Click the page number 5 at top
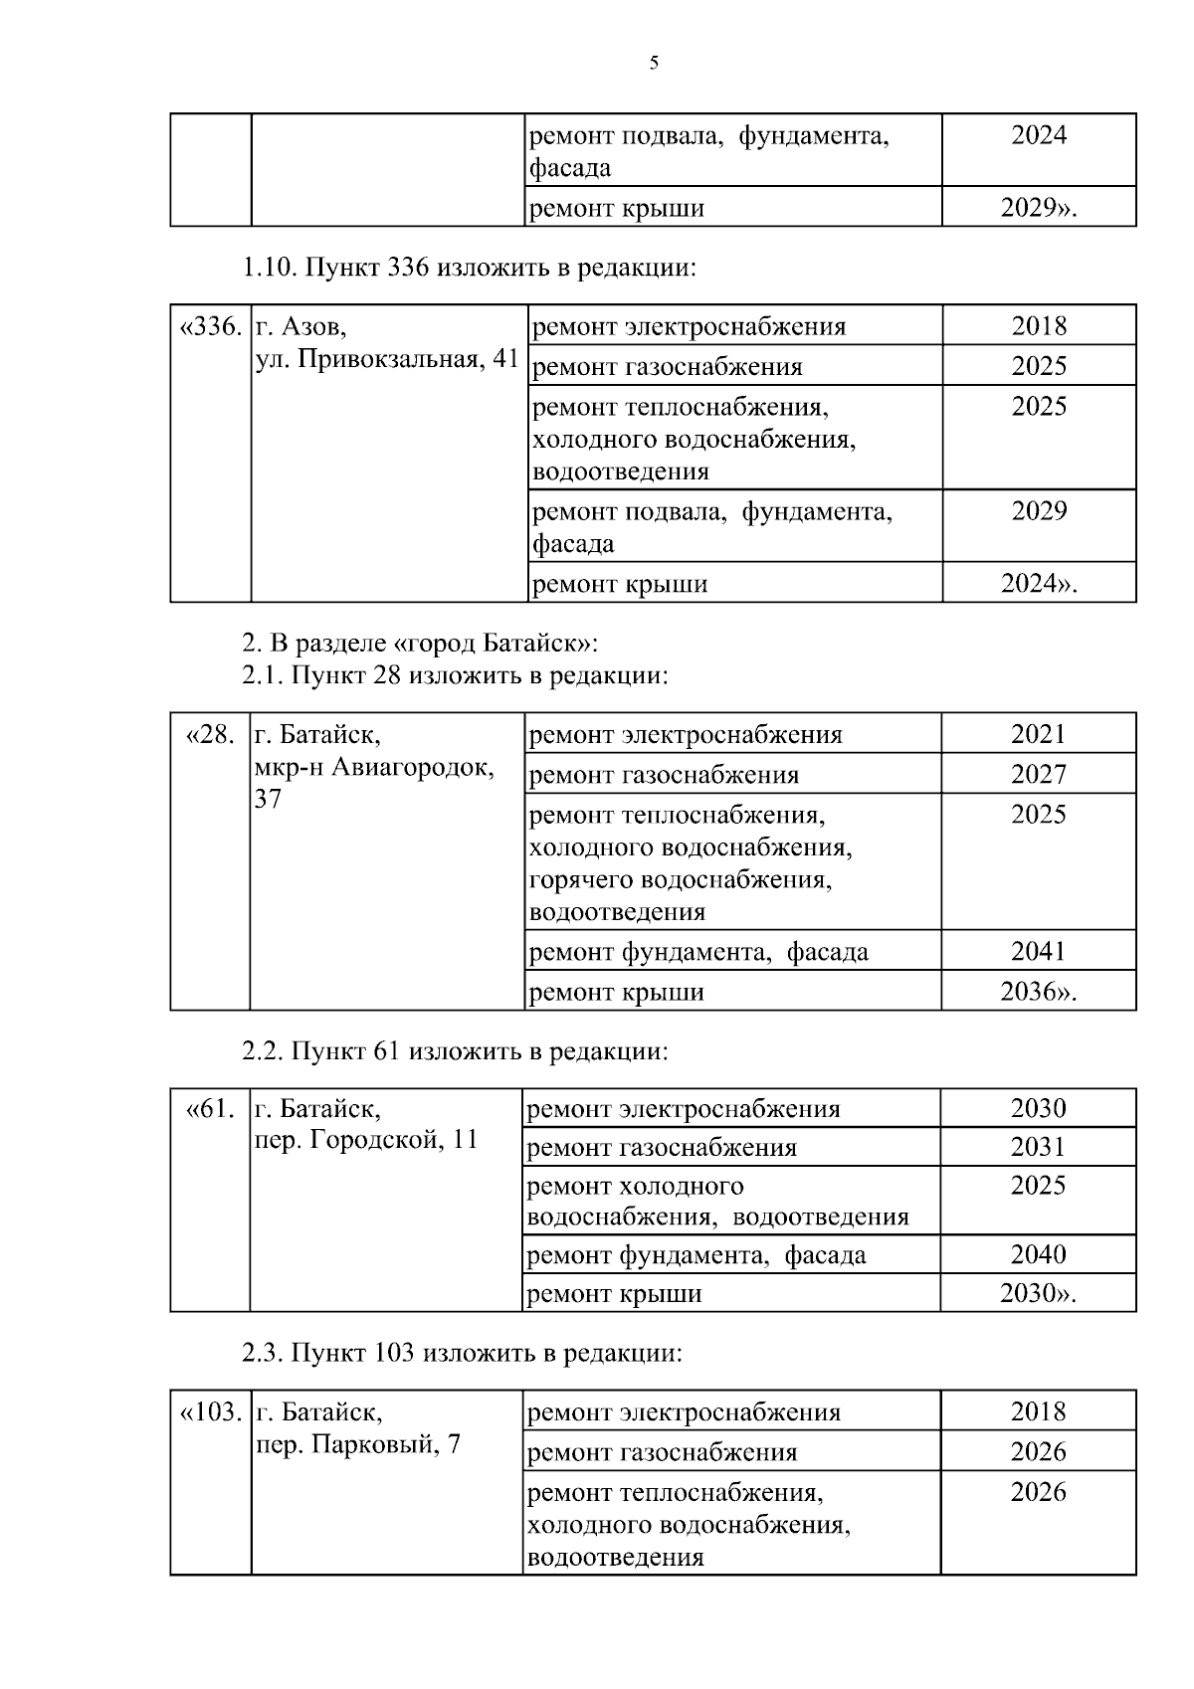[x=654, y=64]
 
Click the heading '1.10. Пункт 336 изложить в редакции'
[x=468, y=268]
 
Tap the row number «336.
[x=210, y=326]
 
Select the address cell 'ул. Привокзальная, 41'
[x=388, y=359]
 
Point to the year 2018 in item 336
[x=1039, y=326]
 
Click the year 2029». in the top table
[x=1039, y=208]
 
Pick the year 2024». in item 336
[x=1039, y=584]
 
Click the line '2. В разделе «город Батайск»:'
[x=419, y=643]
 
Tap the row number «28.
[x=211, y=735]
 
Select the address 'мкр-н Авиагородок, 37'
[x=374, y=768]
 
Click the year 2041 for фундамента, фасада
[x=1038, y=951]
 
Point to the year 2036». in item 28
[x=1038, y=992]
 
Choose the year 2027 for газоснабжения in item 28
[x=1038, y=775]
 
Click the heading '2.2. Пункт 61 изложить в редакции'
[x=455, y=1051]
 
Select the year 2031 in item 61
[x=1038, y=1147]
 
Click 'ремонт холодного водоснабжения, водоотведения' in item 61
[x=716, y=1202]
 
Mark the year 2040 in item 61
[x=1038, y=1254]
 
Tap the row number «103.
[x=210, y=1412]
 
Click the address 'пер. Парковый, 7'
[x=358, y=1444]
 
